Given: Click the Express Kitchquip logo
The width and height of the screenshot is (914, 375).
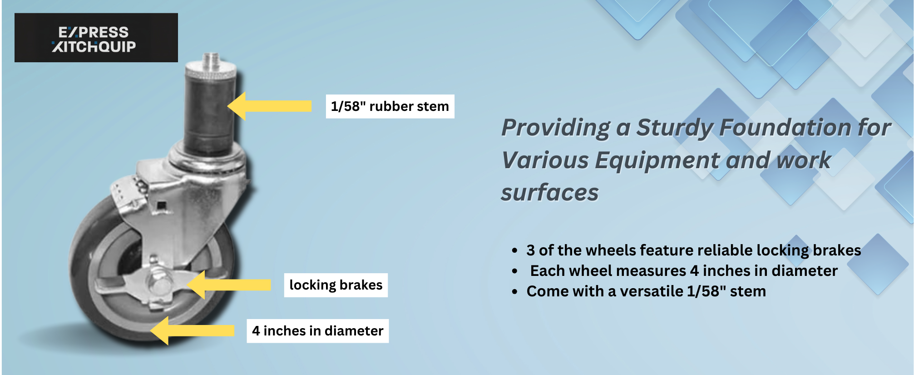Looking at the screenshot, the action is click(96, 38).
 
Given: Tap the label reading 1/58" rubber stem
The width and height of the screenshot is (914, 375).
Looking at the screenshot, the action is click(390, 106).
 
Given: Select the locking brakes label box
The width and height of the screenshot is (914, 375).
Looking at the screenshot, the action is click(336, 285).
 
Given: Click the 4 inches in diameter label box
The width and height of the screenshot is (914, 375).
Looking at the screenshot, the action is click(318, 331).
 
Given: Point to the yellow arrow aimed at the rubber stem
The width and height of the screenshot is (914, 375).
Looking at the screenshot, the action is click(269, 106).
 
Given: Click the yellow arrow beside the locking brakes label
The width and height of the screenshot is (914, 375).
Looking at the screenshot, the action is click(229, 285).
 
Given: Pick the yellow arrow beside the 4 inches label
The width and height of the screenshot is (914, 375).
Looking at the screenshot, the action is click(192, 330).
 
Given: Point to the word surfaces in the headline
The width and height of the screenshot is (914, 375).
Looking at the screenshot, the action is click(550, 192).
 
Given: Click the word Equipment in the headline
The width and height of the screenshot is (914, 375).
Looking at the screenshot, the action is click(657, 161).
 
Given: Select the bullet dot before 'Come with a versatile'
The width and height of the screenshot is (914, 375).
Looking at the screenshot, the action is click(514, 292).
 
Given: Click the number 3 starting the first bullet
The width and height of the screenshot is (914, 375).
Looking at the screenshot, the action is click(530, 250).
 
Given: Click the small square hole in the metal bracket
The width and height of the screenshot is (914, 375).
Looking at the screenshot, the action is click(161, 205).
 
